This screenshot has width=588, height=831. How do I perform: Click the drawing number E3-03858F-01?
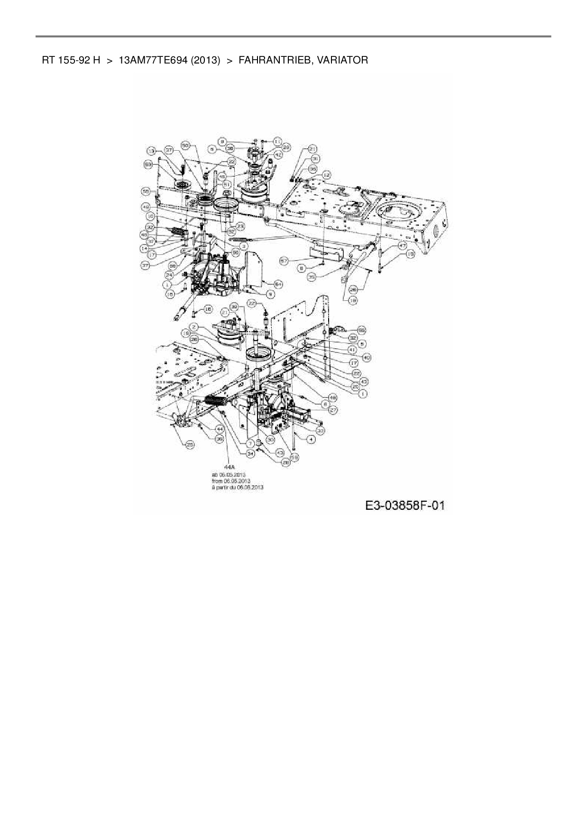point(404,506)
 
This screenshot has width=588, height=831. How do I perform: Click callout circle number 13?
point(151,151)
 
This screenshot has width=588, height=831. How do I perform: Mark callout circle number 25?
point(190,444)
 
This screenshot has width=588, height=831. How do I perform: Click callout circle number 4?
point(311,439)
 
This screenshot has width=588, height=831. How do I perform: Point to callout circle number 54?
point(278,284)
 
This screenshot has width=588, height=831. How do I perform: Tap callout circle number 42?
point(278,154)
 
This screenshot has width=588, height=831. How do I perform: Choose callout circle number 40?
point(367,357)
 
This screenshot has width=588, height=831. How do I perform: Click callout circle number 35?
point(312,276)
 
